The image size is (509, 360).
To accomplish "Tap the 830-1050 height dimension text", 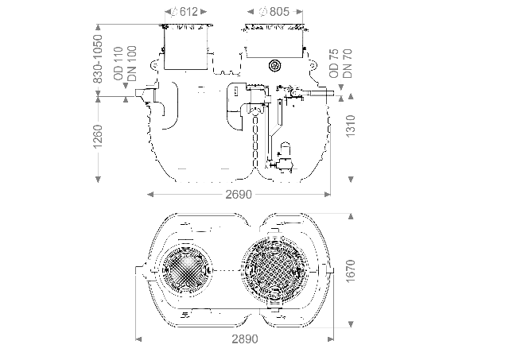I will click(98, 56).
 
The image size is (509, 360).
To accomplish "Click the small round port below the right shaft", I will click(275, 65).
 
